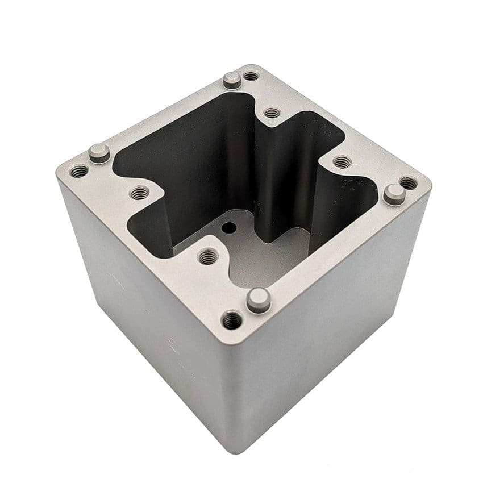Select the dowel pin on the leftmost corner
tap(99, 152)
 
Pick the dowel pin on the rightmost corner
tap(394, 193)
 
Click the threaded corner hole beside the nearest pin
tap(231, 320)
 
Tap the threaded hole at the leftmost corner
tap(79, 170)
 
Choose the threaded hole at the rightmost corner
tap(409, 183)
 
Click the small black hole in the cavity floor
tap(229, 227)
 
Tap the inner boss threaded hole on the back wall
tap(273, 113)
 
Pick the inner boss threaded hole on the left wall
tap(140, 193)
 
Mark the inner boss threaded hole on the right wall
tap(341, 163)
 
